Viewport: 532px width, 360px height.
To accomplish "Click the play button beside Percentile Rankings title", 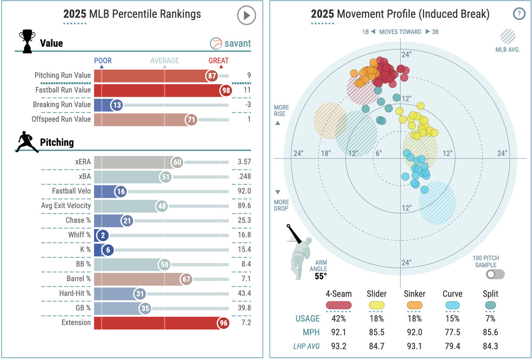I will tap(246, 16).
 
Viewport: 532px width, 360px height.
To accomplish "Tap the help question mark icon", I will tap(518, 14).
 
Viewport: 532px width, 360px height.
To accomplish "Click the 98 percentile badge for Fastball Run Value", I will tap(226, 90).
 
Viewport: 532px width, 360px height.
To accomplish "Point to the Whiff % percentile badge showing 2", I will tap(102, 235).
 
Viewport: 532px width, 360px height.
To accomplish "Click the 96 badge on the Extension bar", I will tap(223, 323).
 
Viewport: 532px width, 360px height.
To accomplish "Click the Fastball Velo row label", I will tap(71, 192).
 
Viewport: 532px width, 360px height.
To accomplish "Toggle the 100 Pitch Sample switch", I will tap(495, 274).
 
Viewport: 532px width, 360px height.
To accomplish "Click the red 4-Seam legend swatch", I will tap(339, 305).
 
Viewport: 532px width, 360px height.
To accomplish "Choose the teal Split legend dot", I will tap(490, 305).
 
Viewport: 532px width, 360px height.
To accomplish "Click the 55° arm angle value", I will tap(320, 276).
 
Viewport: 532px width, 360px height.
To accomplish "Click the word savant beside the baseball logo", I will tap(237, 43).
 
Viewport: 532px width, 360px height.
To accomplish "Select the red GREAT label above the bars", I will tap(219, 61).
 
